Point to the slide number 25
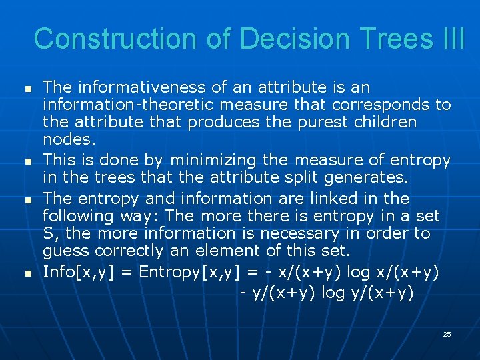(x=447, y=334)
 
